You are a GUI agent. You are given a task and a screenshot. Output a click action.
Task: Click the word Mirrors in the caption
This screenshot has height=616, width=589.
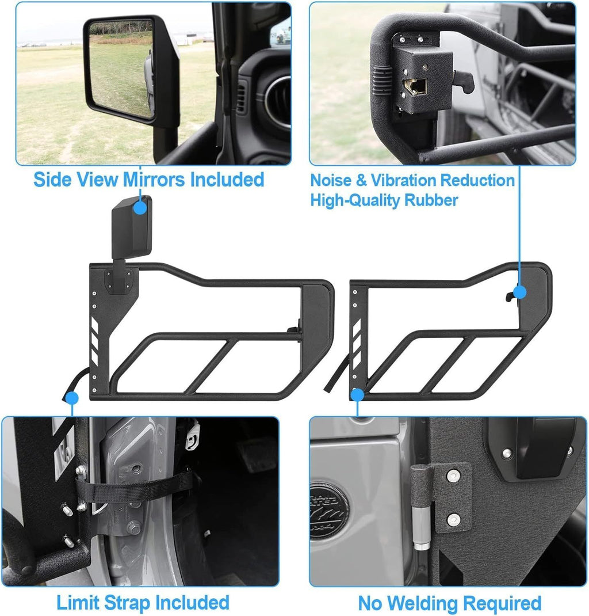pos(154,180)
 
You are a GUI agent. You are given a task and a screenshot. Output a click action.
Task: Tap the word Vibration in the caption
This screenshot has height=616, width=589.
pos(403,180)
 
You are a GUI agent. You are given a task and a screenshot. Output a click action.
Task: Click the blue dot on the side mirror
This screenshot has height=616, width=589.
pos(140,208)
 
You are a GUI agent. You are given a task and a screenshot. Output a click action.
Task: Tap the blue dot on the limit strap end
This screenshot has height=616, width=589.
pos(72,398)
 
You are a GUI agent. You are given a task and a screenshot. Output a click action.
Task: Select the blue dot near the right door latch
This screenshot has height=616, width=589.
pos(519,292)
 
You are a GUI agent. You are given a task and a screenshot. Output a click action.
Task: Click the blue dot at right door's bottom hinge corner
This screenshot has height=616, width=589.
pos(357,395)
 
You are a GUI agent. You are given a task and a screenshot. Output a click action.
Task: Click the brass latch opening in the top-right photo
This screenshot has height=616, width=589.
pos(415,87)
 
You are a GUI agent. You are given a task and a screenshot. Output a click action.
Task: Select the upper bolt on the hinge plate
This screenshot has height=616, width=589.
pos(454,476)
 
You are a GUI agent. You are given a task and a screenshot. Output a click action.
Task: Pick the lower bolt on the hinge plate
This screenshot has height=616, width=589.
pos(453,520)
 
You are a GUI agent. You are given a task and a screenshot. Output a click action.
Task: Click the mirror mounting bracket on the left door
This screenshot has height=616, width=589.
pos(119,280)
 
